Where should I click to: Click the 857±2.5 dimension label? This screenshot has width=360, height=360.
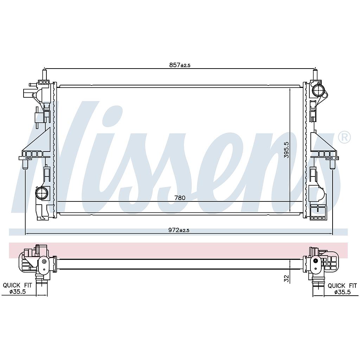(x=180, y=65)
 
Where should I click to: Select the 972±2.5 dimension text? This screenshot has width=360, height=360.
(x=179, y=230)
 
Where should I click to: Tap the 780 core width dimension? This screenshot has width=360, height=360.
(x=180, y=198)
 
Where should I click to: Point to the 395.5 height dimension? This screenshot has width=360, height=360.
(x=286, y=150)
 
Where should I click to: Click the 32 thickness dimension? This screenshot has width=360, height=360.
(x=286, y=278)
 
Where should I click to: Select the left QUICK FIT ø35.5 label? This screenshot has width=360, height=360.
(x=18, y=288)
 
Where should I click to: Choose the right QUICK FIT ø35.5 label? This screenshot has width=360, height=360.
(x=342, y=289)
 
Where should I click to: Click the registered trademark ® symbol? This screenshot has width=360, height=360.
(x=345, y=137)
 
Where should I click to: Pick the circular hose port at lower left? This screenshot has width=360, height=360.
(x=42, y=193)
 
